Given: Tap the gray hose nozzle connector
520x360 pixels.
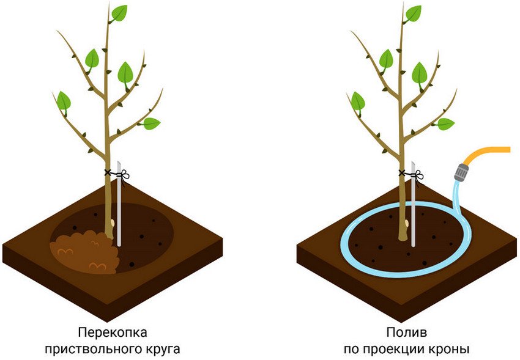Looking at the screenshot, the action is click(461, 172).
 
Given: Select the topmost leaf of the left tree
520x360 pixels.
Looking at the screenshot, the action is click(119, 13).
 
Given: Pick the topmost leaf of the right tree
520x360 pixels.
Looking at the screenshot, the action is click(413, 14).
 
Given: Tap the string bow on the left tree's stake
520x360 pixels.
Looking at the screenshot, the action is click(124, 175).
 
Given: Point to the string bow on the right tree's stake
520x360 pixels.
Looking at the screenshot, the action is click(418, 175).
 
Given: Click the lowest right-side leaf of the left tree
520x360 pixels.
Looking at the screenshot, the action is click(151, 123).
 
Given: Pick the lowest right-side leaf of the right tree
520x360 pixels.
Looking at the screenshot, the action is click(445, 124).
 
